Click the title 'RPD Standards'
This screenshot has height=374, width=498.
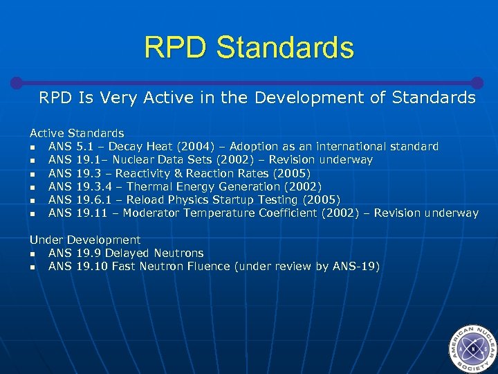[x=249, y=48]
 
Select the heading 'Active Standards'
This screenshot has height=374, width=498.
[x=77, y=133]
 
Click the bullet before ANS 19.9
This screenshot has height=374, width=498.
[x=33, y=254]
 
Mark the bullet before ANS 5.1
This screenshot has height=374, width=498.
[x=33, y=148]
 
